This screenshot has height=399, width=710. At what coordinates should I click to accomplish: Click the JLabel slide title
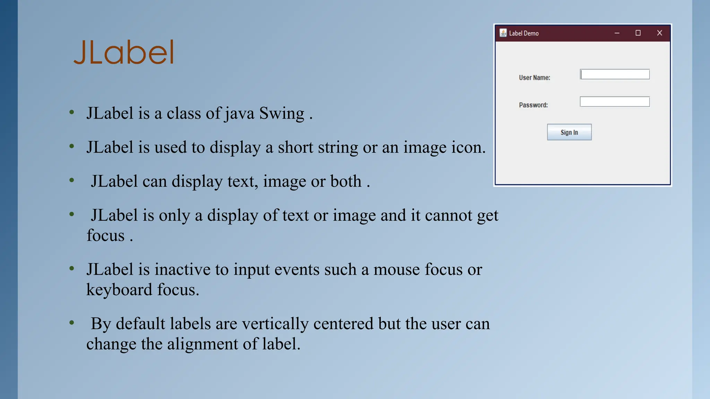point(124,52)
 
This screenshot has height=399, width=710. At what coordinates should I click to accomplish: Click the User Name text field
point(615,74)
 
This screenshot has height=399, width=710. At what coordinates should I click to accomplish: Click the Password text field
point(615,102)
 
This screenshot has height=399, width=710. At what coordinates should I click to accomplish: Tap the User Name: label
point(534,78)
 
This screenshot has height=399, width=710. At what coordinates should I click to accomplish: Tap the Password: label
point(533,105)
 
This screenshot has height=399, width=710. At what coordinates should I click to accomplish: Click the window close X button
point(659,33)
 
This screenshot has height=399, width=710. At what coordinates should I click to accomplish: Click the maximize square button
point(638,33)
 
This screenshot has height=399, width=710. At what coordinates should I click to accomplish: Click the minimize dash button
point(617,33)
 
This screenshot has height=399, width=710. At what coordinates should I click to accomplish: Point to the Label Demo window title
point(523,33)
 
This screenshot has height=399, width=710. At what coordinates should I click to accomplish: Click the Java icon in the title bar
point(503,33)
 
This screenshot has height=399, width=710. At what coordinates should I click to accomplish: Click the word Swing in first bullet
point(282,114)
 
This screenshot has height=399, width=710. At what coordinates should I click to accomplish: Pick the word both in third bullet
point(346,181)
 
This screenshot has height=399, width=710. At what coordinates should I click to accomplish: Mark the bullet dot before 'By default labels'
point(72,323)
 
